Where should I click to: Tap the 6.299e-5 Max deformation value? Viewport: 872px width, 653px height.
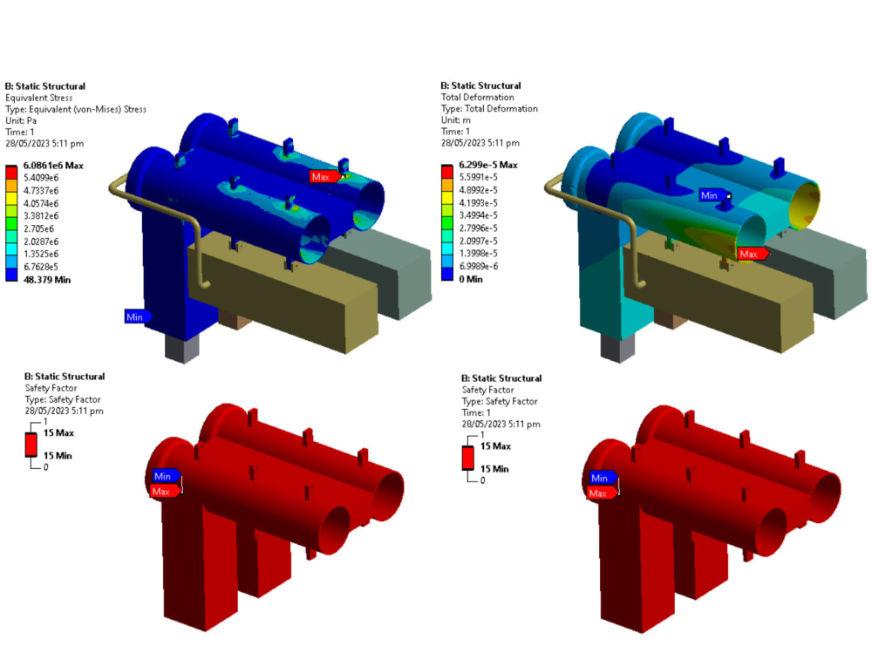[487, 165]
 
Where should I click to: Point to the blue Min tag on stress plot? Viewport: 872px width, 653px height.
[136, 316]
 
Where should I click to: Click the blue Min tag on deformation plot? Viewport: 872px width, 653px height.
[712, 195]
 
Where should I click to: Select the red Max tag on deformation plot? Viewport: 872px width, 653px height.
[751, 254]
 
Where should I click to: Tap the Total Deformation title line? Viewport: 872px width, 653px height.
[477, 98]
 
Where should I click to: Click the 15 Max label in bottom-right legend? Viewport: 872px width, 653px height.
[495, 446]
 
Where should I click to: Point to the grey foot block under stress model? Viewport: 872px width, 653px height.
[181, 348]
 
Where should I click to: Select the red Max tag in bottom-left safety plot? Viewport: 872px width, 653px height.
[162, 491]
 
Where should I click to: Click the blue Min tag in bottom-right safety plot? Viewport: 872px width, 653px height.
[600, 478]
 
